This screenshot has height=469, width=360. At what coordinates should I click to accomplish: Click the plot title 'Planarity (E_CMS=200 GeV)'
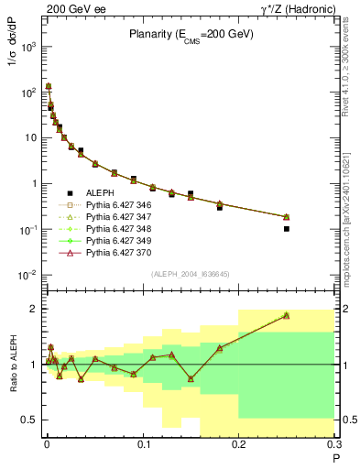click(x=191, y=36)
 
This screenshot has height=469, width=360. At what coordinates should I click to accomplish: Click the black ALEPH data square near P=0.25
click(x=287, y=229)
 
